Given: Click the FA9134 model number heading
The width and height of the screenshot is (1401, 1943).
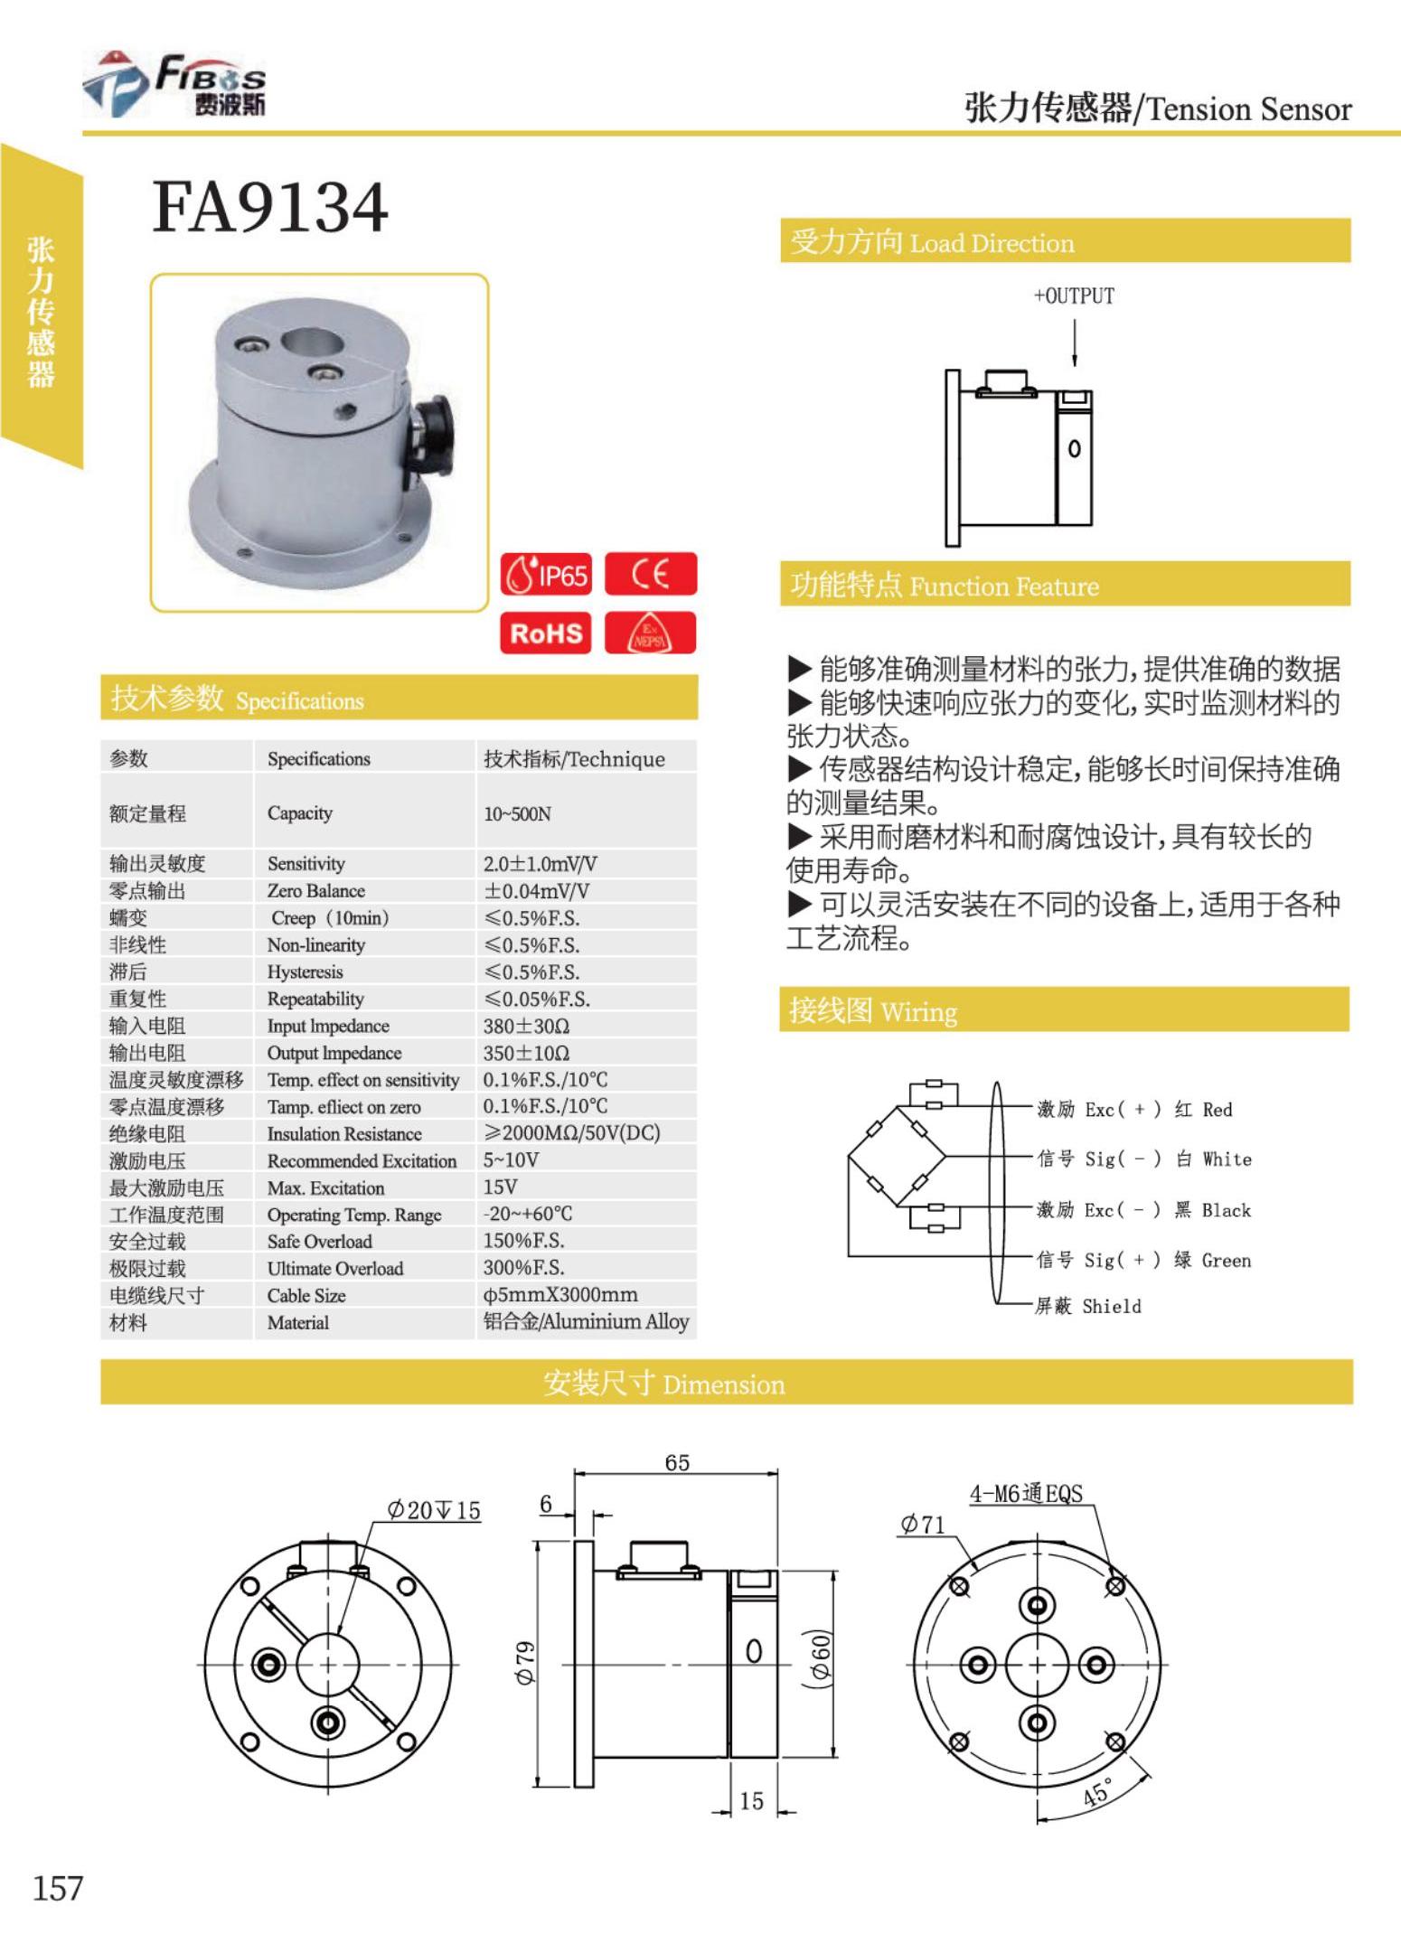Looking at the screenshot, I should pyautogui.click(x=270, y=207).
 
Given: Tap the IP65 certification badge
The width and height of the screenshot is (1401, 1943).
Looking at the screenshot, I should pyautogui.click(x=546, y=575).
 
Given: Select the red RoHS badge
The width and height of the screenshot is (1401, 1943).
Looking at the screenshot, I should pyautogui.click(x=546, y=633).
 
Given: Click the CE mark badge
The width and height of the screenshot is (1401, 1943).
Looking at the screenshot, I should pyautogui.click(x=651, y=575).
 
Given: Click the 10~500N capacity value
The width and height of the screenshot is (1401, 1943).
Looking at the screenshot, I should pyautogui.click(x=517, y=814).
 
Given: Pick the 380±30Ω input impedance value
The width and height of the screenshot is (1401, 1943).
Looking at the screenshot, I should pyautogui.click(x=526, y=1026).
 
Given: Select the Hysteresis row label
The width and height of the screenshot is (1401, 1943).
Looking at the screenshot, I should pyautogui.click(x=305, y=972).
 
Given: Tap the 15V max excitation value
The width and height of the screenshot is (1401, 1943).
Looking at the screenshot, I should pyautogui.click(x=500, y=1187).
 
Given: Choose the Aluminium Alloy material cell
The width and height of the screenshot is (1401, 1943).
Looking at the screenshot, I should pyautogui.click(x=586, y=1322).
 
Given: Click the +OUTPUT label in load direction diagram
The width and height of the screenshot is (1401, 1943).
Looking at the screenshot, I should pyautogui.click(x=1074, y=296).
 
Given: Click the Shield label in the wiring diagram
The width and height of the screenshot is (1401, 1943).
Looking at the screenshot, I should pyautogui.click(x=1111, y=1307).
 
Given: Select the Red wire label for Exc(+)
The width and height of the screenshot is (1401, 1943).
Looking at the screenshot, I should pyautogui.click(x=1217, y=1110).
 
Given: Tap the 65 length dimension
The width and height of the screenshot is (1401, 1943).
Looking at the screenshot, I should pyautogui.click(x=677, y=1463).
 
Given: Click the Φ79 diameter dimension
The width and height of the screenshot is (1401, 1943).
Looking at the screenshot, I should pyautogui.click(x=524, y=1663).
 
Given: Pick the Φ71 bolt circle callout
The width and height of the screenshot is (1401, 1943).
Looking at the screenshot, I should pyautogui.click(x=922, y=1525).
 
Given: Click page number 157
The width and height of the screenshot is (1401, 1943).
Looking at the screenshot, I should pyautogui.click(x=58, y=1888).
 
